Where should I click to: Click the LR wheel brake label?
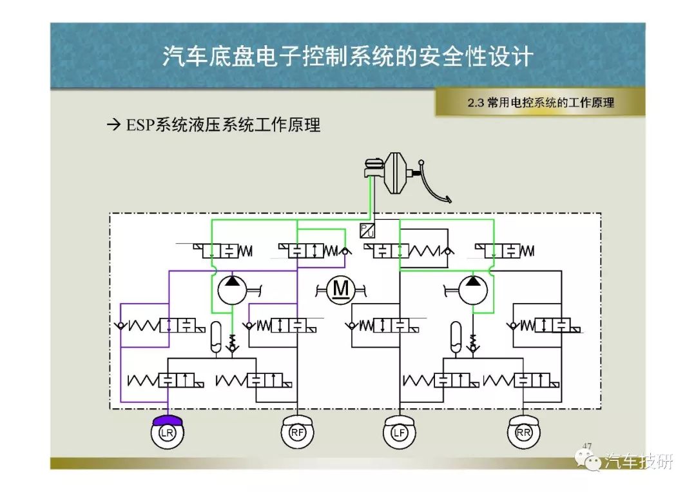click(x=167, y=433)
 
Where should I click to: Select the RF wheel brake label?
click(x=297, y=433)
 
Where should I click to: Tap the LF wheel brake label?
click(x=399, y=433)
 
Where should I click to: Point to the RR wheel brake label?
click(x=523, y=433)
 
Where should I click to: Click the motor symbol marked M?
click(x=340, y=290)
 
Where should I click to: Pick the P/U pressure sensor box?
click(x=367, y=230)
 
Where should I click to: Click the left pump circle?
click(x=232, y=290)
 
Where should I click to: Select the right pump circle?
click(x=473, y=290)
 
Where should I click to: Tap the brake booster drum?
click(x=396, y=173)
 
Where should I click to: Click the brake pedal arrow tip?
click(x=450, y=201)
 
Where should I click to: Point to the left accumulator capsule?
click(x=216, y=337)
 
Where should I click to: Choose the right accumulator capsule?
click(x=456, y=337)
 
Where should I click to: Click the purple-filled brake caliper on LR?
click(x=168, y=420)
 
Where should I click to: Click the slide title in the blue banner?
click(x=347, y=56)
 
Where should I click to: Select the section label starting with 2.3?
click(x=541, y=103)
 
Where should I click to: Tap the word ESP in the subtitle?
click(x=140, y=125)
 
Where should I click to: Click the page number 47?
click(x=587, y=446)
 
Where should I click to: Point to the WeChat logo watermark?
click(x=588, y=459)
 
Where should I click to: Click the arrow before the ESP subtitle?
click(x=113, y=125)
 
